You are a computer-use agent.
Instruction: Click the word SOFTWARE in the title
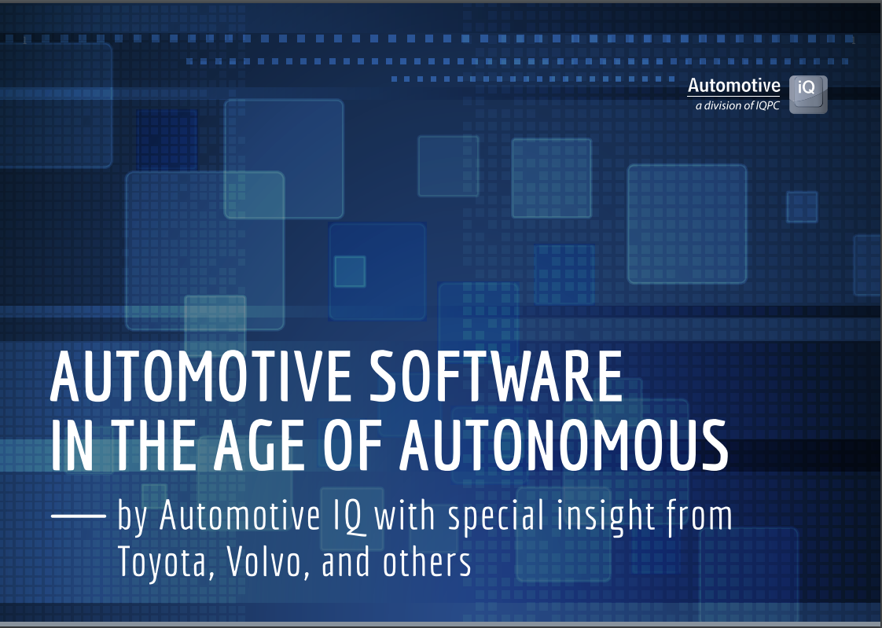click(487, 377)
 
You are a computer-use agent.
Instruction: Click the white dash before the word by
click(78, 516)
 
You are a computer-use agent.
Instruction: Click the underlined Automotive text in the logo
click(733, 86)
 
